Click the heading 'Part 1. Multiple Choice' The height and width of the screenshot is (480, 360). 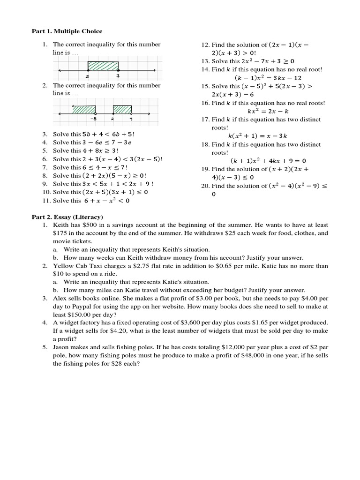67,31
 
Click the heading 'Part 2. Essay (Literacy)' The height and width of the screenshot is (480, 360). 67,217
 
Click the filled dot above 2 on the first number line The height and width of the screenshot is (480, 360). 88,70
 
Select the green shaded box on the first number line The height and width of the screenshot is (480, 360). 103,65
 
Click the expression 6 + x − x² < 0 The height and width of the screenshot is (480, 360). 107,201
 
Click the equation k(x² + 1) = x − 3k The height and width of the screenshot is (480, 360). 261,136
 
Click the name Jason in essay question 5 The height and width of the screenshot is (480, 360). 61,347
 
